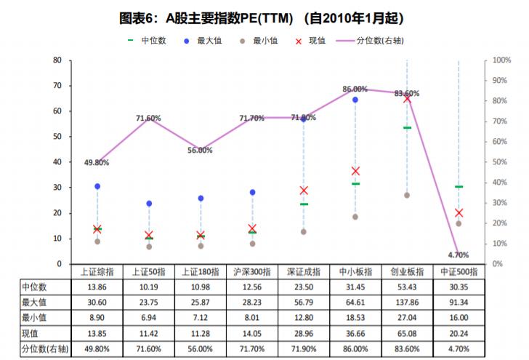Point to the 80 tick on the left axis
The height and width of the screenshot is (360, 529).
click(56, 60)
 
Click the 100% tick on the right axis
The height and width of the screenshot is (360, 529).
click(501, 60)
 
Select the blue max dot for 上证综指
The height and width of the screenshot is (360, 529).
click(97, 186)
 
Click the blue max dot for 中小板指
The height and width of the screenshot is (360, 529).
click(355, 100)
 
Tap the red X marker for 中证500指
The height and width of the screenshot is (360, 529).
click(459, 212)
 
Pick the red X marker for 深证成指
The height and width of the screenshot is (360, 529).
click(304, 191)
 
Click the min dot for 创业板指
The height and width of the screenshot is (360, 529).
click(407, 195)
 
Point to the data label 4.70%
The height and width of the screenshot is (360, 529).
click(459, 255)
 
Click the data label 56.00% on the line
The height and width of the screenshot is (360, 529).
click(200, 151)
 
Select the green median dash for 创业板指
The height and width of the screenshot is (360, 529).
click(407, 128)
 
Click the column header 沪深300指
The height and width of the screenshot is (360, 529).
click(252, 272)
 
